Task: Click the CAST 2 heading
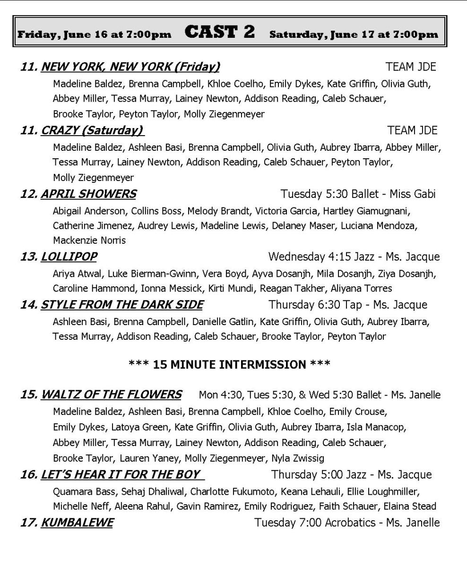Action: (x=220, y=32)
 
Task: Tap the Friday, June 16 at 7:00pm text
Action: (x=94, y=34)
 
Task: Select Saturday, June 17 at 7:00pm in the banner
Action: (x=354, y=34)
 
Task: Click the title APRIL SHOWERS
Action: (x=88, y=194)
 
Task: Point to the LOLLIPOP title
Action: (x=69, y=257)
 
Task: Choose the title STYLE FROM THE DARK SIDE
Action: (x=122, y=305)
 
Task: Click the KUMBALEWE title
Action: (x=77, y=523)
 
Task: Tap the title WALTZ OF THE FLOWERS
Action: (x=111, y=395)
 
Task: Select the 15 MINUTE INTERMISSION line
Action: (x=229, y=364)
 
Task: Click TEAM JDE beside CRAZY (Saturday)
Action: (x=412, y=130)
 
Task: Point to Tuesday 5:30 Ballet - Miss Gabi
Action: (x=358, y=194)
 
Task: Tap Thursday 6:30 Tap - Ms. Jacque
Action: (x=347, y=305)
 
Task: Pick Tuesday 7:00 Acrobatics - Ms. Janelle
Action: (x=347, y=523)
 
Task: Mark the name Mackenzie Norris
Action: (x=89, y=241)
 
